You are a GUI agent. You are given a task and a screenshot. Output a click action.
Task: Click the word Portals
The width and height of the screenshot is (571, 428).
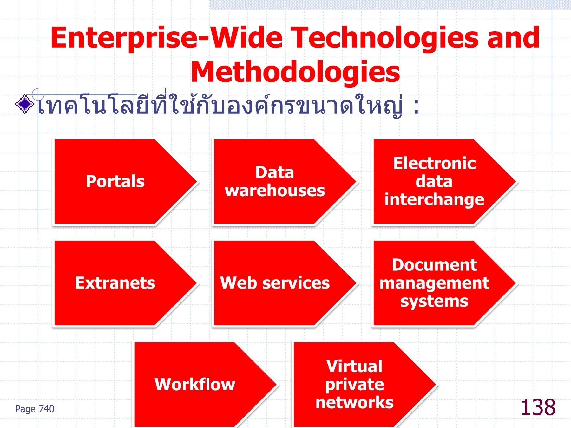pyautogui.click(x=115, y=181)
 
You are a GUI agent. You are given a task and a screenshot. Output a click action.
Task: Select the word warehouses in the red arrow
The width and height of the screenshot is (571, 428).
pyautogui.click(x=275, y=191)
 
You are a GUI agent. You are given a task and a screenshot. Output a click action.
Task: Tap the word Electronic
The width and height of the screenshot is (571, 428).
pyautogui.click(x=434, y=163)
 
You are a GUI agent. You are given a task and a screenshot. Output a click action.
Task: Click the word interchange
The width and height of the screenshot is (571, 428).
pyautogui.click(x=434, y=200)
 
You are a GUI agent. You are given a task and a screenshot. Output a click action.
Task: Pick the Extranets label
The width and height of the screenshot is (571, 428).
pyautogui.click(x=115, y=283)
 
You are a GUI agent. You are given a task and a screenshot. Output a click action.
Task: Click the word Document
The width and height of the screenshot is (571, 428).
pyautogui.click(x=434, y=265)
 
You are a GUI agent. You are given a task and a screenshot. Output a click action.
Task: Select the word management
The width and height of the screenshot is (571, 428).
pyautogui.click(x=434, y=283)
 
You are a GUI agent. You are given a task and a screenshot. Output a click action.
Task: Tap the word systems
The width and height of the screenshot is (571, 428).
pyautogui.click(x=434, y=301)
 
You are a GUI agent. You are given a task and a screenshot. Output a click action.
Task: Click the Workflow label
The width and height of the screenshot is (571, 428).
pyautogui.click(x=195, y=384)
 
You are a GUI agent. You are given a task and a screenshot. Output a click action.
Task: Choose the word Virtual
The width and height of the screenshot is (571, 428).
pyautogui.click(x=354, y=366)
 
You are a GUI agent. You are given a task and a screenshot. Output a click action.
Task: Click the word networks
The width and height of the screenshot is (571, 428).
pyautogui.click(x=354, y=403)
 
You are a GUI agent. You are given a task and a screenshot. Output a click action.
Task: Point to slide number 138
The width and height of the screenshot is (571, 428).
pyautogui.click(x=538, y=407)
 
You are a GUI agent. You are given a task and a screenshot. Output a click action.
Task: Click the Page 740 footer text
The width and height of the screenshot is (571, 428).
pyautogui.click(x=35, y=409)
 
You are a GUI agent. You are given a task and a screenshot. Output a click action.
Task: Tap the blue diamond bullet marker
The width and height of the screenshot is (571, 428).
pyautogui.click(x=25, y=104)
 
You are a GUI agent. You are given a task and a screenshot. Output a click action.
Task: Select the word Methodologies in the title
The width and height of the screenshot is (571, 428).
pyautogui.click(x=295, y=72)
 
